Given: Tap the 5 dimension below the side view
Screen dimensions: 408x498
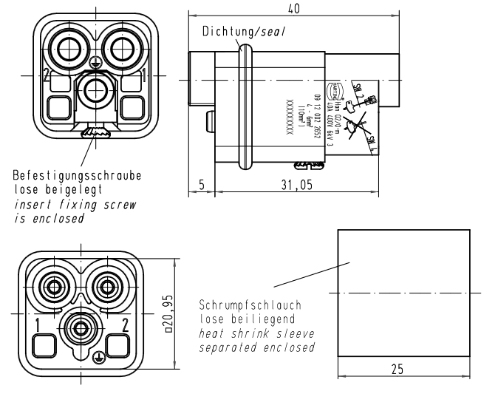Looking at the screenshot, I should point(200,185).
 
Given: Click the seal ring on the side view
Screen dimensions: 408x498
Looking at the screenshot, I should point(246,103).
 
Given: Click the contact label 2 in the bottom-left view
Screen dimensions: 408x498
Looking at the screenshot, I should point(126,323).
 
